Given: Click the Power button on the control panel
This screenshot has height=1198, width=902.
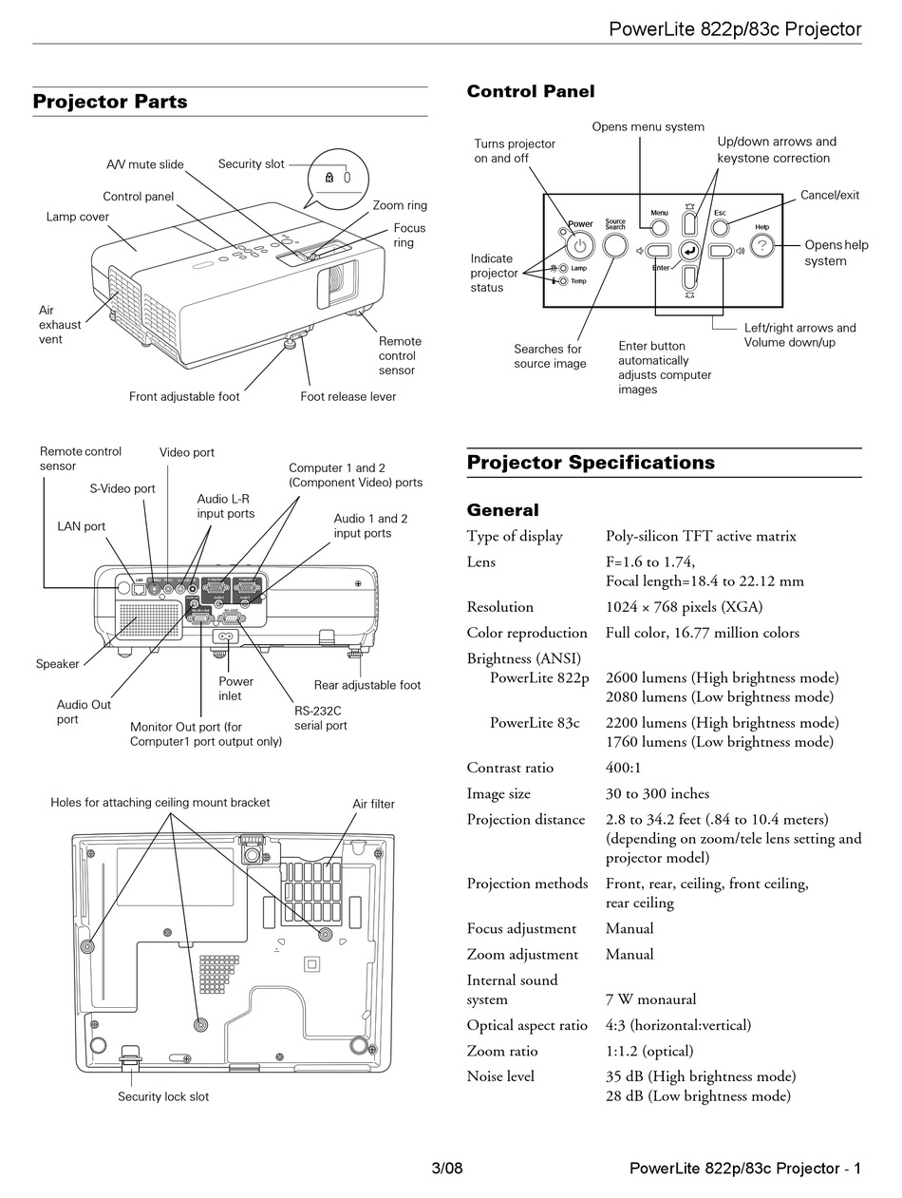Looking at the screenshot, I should click(x=581, y=246).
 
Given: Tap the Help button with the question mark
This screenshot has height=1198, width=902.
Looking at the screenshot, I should click(x=761, y=246).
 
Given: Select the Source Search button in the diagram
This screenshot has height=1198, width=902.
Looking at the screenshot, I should click(x=615, y=246).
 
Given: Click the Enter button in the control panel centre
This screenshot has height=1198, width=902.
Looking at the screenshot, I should click(x=690, y=251).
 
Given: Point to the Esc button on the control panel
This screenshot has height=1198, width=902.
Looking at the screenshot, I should click(x=720, y=227).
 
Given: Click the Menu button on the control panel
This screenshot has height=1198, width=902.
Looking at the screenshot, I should click(x=659, y=227).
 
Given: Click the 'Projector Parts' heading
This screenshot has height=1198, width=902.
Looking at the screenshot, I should click(x=110, y=102).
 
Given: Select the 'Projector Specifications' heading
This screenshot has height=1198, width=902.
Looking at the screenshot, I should click(x=591, y=463).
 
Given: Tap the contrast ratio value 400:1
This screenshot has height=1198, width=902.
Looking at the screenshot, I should click(x=625, y=768).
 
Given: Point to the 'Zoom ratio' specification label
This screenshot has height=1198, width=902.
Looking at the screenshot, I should click(x=501, y=1051).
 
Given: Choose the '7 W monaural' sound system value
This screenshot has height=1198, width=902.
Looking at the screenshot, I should click(x=650, y=999).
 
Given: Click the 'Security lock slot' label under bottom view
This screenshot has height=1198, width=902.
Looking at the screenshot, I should click(x=163, y=1096).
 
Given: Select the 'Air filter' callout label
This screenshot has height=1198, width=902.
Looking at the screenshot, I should click(x=373, y=804).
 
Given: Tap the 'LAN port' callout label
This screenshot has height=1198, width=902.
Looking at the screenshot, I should click(x=82, y=526).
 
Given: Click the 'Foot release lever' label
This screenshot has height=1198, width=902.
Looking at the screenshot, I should click(x=348, y=396).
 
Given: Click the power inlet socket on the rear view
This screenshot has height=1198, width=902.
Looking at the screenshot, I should click(x=226, y=637).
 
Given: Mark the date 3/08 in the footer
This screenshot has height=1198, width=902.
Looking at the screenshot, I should click(x=446, y=1168).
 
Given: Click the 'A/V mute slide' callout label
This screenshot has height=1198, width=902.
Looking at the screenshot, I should click(x=145, y=164).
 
